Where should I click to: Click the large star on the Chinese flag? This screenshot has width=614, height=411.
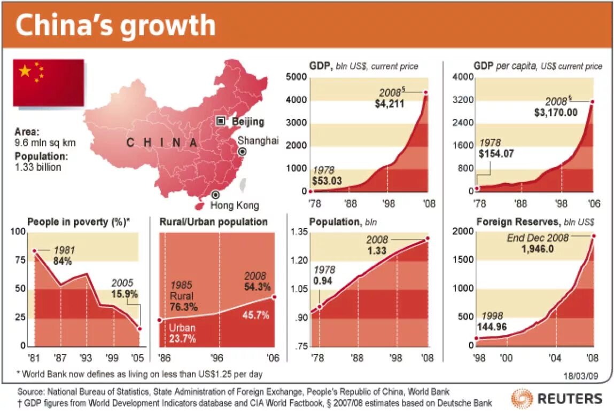[x=25, y=70]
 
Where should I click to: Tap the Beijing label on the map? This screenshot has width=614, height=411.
[x=247, y=122]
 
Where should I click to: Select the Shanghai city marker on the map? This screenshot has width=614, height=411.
[x=242, y=152]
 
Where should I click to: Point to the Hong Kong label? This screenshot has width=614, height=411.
[x=234, y=205]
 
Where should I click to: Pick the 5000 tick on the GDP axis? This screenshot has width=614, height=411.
[x=296, y=78]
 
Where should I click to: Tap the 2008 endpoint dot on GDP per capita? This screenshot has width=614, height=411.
[x=592, y=102]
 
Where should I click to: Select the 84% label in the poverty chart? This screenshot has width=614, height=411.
[x=63, y=262]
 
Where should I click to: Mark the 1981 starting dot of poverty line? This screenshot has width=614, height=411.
[x=34, y=251]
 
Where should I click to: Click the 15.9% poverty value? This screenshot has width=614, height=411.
[x=125, y=294]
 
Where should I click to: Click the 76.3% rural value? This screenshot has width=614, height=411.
[x=184, y=307]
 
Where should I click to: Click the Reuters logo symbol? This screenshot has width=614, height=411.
[x=522, y=398]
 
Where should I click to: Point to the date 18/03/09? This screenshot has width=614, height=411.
[x=581, y=375]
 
